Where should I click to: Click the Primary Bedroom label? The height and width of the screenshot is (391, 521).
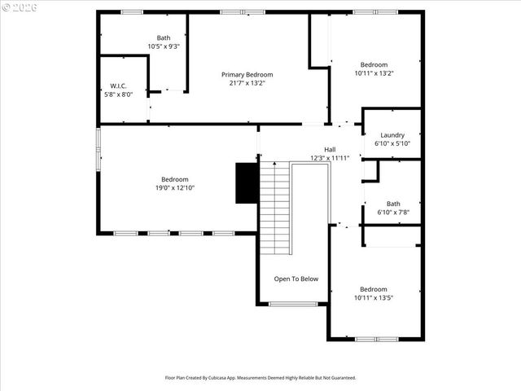click(x=247, y=74)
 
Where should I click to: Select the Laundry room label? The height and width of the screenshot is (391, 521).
click(x=392, y=135)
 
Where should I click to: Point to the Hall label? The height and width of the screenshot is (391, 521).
click(x=330, y=149)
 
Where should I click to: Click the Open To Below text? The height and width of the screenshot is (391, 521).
click(x=296, y=279)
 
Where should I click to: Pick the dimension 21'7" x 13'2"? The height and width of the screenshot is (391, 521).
click(x=247, y=83)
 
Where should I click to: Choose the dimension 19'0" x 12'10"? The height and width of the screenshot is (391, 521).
click(x=174, y=188)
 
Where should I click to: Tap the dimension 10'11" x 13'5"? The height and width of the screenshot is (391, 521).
click(x=374, y=298)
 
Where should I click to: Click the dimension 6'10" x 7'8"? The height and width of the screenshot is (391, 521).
click(x=393, y=213)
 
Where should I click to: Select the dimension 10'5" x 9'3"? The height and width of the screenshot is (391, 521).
click(x=164, y=46)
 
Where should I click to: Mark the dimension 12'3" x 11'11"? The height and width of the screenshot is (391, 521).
click(x=330, y=158)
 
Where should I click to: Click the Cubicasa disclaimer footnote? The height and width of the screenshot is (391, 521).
click(x=260, y=378)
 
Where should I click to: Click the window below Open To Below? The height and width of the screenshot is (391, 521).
click(x=293, y=304)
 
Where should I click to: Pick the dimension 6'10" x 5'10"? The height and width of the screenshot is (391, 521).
click(x=392, y=144)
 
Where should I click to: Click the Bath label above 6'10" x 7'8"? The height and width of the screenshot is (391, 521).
click(x=393, y=204)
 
